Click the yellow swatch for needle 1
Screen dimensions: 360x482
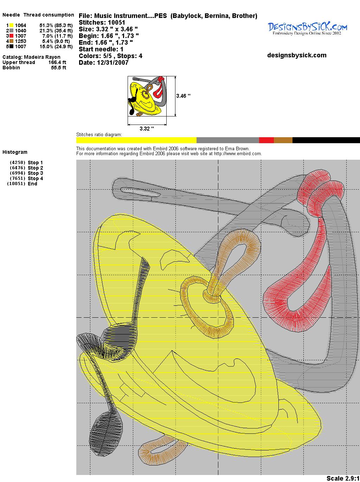[11, 25]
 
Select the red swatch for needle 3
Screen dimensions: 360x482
[11, 36]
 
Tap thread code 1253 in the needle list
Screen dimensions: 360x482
[21, 41]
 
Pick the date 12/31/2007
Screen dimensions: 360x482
[112, 63]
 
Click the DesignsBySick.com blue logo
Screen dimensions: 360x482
[307, 28]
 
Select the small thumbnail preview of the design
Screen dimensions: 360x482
[147, 96]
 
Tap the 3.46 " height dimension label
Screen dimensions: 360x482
[183, 96]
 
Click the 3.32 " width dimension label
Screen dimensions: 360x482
[147, 128]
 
